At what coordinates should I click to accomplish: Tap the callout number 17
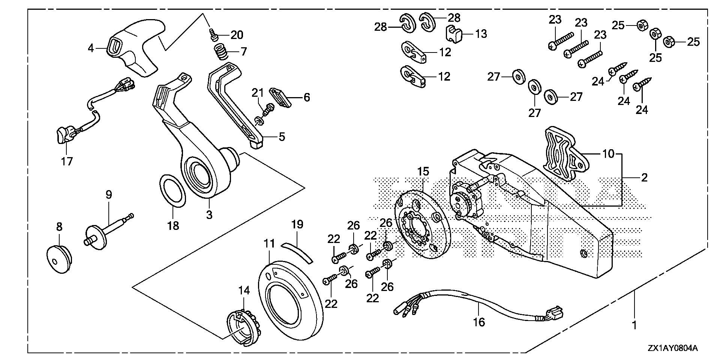pos(67,161)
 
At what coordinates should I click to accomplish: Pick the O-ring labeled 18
pos(172,190)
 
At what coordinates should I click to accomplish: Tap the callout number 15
pos(423,172)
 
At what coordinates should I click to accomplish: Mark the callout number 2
pos(644,177)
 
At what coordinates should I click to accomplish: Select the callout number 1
pos(634,325)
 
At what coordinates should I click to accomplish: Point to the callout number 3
pos(209,215)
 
